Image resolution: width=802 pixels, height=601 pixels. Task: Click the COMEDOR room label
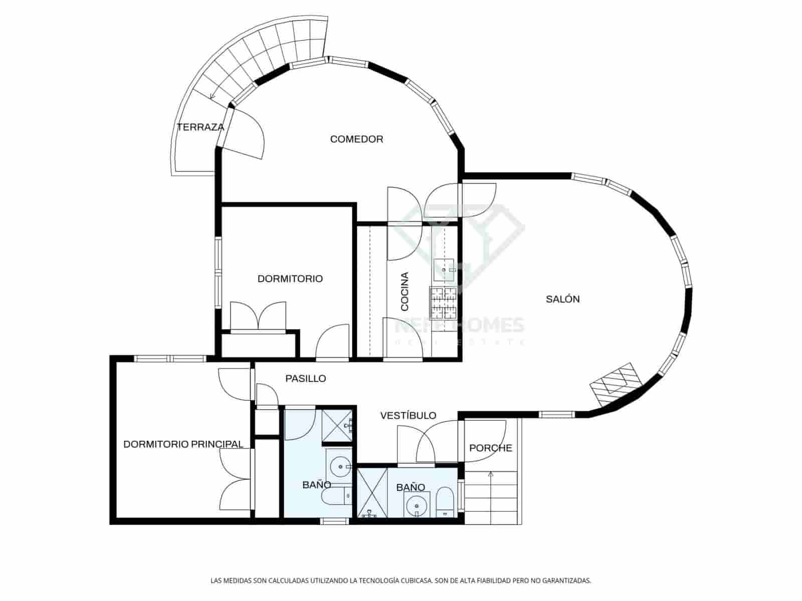click(356, 139)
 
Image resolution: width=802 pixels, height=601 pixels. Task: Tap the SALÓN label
click(562, 299)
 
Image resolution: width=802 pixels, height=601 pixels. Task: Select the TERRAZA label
click(200, 127)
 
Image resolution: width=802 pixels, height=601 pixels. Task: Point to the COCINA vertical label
click(405, 291)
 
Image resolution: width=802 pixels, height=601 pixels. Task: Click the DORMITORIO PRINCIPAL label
click(183, 444)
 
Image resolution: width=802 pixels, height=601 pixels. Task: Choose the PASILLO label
click(306, 379)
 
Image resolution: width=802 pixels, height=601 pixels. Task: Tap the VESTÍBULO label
click(408, 416)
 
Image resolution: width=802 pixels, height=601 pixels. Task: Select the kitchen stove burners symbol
click(444, 303)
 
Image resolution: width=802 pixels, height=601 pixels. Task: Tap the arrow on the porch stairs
click(490, 474)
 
